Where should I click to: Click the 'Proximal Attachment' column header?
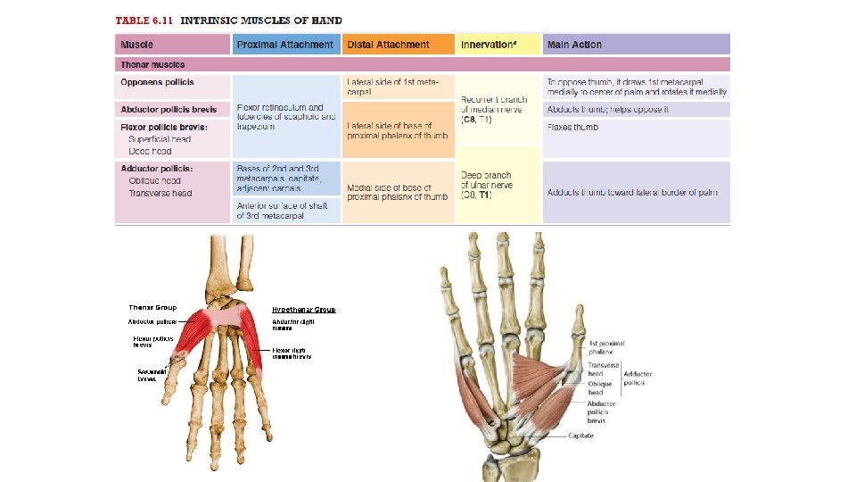pyautogui.click(x=285, y=45)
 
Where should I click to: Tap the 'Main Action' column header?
pyautogui.click(x=574, y=45)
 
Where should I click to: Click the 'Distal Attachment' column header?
pyautogui.click(x=388, y=45)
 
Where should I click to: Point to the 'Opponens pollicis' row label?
pyautogui.click(x=157, y=82)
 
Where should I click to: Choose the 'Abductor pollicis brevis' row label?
pyautogui.click(x=169, y=110)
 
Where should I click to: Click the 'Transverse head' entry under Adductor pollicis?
pyautogui.click(x=160, y=193)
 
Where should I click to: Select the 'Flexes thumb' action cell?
pyautogui.click(x=572, y=127)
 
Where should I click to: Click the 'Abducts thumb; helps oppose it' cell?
pyautogui.click(x=607, y=110)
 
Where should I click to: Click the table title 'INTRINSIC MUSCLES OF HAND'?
pyautogui.click(x=261, y=21)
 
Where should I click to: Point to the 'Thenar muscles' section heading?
pyautogui.click(x=152, y=64)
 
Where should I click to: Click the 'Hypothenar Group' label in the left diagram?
pyautogui.click(x=304, y=310)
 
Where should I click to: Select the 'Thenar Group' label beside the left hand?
pyautogui.click(x=152, y=308)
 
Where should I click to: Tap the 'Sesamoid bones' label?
pyautogui.click(x=147, y=375)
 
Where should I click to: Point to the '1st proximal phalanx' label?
pyautogui.click(x=606, y=347)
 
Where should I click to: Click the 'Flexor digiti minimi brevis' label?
pyautogui.click(x=292, y=353)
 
